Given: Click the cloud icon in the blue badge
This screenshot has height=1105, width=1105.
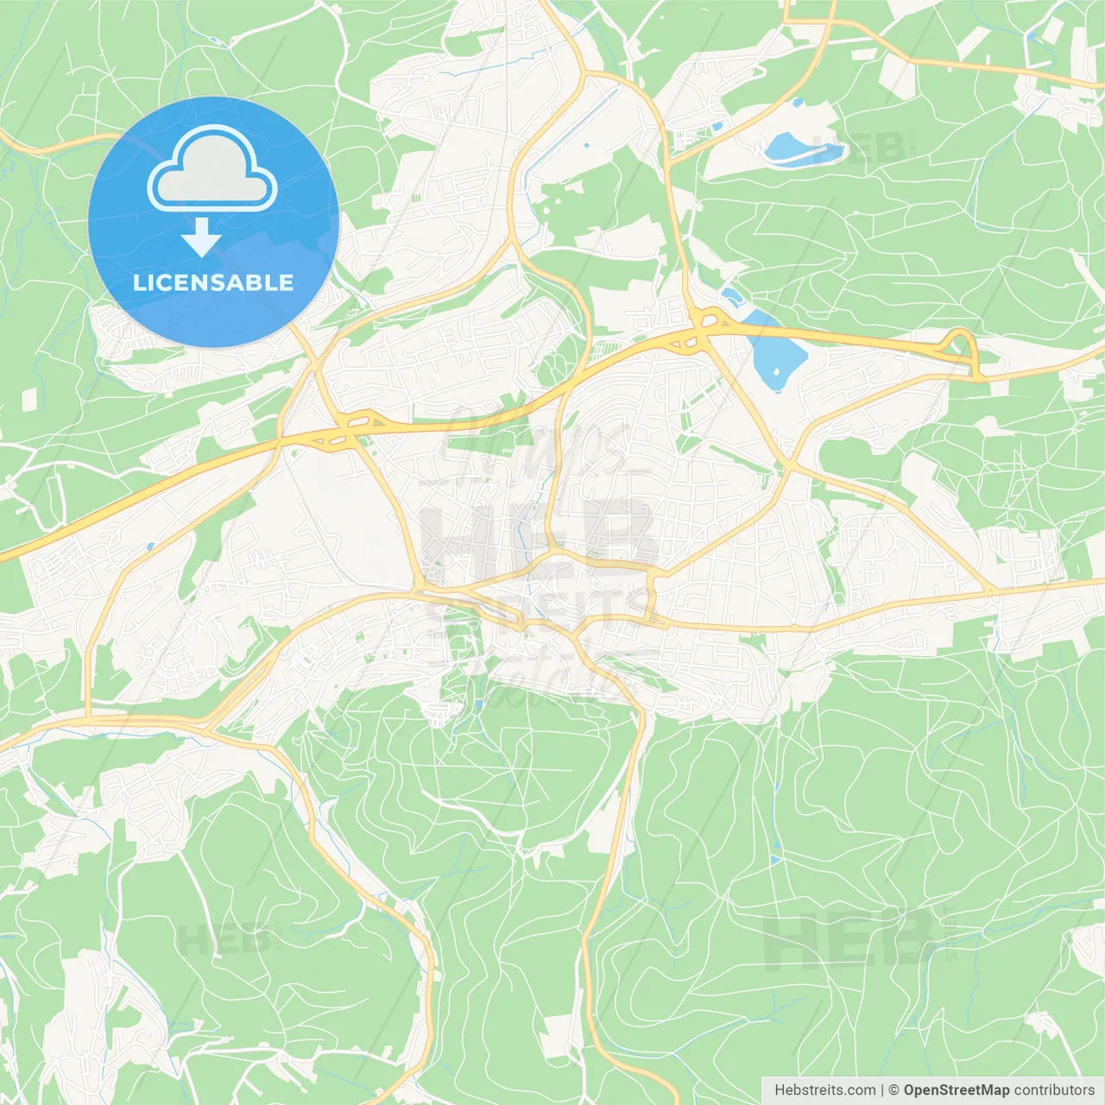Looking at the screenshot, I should (212, 169).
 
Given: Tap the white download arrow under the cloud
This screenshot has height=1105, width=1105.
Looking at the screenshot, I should (202, 238).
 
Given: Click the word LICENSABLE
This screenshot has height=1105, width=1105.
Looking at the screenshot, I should (213, 283).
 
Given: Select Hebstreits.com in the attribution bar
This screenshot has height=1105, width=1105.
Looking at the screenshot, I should (824, 1090).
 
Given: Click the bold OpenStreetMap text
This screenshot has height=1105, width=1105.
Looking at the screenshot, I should (956, 1090).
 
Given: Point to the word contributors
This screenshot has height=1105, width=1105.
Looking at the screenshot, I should (1054, 1090).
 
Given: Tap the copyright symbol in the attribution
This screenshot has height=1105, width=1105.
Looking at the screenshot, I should (893, 1090).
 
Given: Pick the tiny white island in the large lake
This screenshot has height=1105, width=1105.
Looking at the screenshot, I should (775, 373).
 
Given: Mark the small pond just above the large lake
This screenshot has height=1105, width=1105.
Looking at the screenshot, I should (733, 298).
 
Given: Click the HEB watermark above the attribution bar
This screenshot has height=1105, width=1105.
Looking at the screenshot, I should (850, 941).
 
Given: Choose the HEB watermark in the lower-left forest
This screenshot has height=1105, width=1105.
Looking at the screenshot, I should (226, 939).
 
